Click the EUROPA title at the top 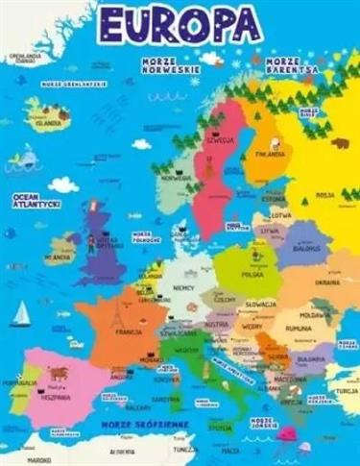click(180, 23)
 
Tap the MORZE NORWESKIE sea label click(169, 66)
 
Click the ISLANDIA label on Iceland click(46, 123)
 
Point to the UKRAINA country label click(327, 282)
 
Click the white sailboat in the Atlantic click(21, 313)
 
